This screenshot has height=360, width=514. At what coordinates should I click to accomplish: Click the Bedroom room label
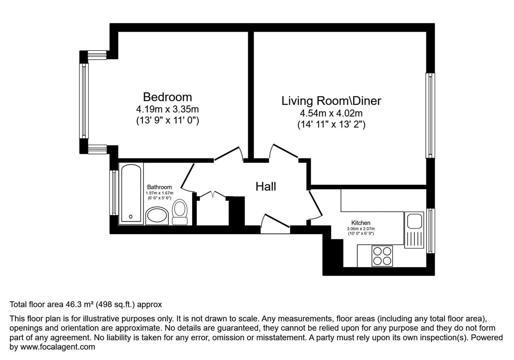[167, 97]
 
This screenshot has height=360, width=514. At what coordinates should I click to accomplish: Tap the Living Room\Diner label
[331, 101]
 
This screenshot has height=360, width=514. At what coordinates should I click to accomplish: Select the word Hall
[266, 186]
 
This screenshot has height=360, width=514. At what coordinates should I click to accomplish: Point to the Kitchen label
[361, 223]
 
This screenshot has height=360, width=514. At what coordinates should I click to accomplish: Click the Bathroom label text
[160, 187]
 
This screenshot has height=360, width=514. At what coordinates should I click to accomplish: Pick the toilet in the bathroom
[180, 212]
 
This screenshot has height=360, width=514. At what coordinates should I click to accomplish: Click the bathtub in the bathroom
[131, 193]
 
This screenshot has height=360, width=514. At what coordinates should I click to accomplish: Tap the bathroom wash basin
[157, 216]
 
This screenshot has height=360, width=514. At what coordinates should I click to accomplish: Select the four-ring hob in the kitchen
[382, 256]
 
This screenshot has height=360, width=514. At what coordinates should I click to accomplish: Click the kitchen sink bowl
[414, 221]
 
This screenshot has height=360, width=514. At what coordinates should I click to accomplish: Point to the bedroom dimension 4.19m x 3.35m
[167, 109]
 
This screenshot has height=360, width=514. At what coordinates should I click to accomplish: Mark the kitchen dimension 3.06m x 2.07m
[361, 229]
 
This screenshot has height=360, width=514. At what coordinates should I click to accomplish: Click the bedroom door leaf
[227, 153]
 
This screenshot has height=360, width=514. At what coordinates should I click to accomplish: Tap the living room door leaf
[285, 151]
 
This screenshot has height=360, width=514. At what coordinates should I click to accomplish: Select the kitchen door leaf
[315, 204]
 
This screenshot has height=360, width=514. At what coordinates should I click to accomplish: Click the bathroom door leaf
[187, 176]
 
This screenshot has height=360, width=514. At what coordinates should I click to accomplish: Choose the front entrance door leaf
[277, 221]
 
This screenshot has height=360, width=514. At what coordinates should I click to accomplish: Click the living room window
[430, 115]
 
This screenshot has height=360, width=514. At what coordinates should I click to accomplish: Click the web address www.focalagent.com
[58, 346]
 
